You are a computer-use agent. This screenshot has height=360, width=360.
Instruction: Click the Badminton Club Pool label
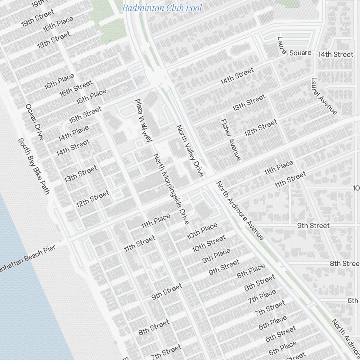(162, 8)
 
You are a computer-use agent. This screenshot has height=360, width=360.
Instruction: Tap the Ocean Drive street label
(35, 122)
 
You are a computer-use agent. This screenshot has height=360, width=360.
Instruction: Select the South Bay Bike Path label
(33, 166)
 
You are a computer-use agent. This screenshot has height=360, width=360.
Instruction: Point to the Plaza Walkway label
(143, 120)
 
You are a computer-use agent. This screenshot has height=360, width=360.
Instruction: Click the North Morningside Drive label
(171, 189)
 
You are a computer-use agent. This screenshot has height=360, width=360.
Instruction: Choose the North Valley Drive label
(190, 151)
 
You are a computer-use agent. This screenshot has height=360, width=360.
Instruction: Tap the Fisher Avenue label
(231, 139)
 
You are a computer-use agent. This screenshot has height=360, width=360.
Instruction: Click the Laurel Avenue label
(324, 96)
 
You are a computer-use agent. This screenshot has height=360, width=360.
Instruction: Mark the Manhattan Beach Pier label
(27, 259)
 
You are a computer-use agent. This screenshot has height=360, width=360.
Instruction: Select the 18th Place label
(58, 24)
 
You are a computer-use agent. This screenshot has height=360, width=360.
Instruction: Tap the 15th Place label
(91, 96)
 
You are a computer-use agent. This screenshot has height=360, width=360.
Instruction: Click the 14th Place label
(73, 133)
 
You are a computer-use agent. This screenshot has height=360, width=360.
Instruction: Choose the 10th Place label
(202, 231)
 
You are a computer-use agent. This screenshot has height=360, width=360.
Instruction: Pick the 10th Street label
(209, 243)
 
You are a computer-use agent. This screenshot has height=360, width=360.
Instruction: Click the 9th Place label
(216, 256)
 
